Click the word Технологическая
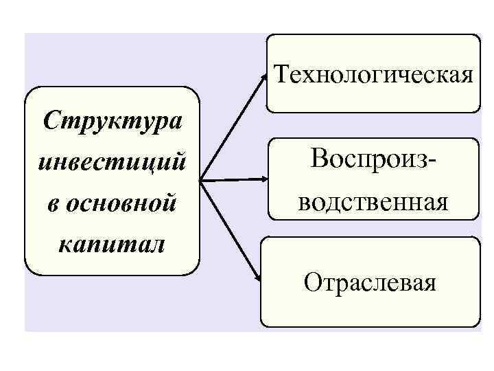click(373, 74)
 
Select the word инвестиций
click(112, 164)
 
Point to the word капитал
click(112, 245)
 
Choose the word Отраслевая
click(370, 282)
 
